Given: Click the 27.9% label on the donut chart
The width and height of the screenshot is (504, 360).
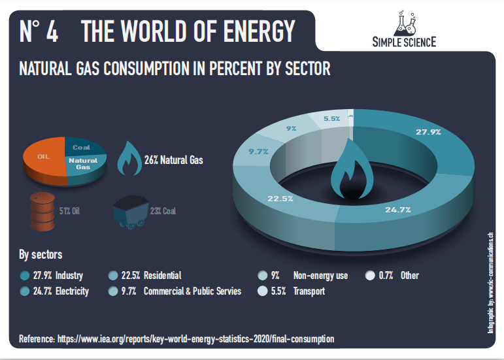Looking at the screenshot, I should click(428, 132).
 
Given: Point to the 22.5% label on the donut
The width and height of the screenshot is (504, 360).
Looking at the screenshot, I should click(279, 199).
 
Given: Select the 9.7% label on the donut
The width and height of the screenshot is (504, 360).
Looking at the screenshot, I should click(259, 152).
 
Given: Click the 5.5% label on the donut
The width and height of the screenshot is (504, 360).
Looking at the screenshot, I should click(331, 119).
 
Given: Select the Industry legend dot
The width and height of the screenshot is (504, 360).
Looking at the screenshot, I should click(25, 276).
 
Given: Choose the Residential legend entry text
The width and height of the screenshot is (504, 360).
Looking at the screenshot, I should click(161, 276).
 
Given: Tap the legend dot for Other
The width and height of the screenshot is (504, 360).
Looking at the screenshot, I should click(369, 276).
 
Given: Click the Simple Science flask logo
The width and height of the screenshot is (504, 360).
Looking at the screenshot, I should click(405, 24).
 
